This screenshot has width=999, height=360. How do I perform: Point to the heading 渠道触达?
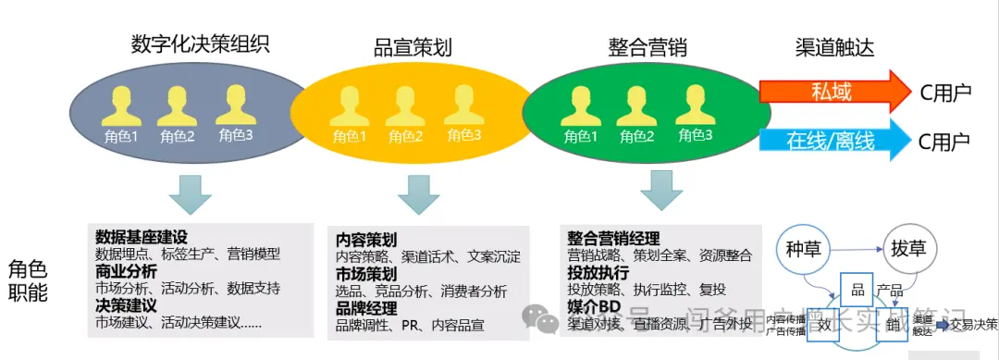click(x=834, y=47)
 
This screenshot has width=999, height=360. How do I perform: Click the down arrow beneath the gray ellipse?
click(x=190, y=192)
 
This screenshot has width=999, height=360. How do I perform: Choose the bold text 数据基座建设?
click(x=142, y=236)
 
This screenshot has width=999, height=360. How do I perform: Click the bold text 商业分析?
click(x=126, y=271)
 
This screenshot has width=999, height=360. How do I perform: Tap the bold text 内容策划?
click(x=366, y=239)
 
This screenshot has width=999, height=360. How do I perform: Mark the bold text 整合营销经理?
click(x=614, y=238)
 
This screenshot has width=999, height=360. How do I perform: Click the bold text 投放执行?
click(x=598, y=273)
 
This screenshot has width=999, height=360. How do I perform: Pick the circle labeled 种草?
click(x=804, y=249)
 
